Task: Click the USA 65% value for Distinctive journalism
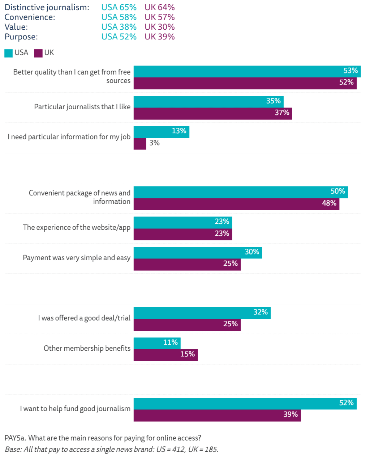(x=119, y=7)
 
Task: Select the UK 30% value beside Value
(x=159, y=27)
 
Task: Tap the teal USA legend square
(x=9, y=53)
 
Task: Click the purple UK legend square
(x=38, y=53)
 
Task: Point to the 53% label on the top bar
(x=350, y=71)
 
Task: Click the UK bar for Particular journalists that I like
(x=212, y=113)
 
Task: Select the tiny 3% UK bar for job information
(x=140, y=143)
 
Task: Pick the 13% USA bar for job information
(x=161, y=132)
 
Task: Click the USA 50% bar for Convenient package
(x=240, y=192)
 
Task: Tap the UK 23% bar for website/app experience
(x=182, y=234)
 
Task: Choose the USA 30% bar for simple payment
(x=198, y=253)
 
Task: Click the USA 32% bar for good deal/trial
(x=202, y=313)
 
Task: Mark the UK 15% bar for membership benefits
(x=165, y=355)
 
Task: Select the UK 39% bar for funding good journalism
(x=217, y=415)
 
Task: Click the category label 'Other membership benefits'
(x=87, y=348)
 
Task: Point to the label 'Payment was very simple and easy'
(x=77, y=258)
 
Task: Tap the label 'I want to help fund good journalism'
(x=75, y=409)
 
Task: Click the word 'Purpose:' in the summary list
(x=21, y=37)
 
